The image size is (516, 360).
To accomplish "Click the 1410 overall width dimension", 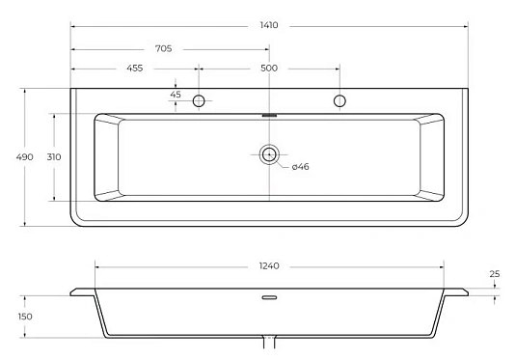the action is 269,25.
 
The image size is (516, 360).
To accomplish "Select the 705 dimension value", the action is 164,49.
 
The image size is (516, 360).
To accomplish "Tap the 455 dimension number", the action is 135,69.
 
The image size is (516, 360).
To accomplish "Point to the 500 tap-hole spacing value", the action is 269,69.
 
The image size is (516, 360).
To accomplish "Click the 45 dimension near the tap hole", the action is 176,95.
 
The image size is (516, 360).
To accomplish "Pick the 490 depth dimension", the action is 25,157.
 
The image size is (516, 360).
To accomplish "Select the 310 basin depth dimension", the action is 54,157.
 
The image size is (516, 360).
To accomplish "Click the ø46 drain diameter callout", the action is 301,167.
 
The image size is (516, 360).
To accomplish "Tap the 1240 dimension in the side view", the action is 269,265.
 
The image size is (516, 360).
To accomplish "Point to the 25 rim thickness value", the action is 495,274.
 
